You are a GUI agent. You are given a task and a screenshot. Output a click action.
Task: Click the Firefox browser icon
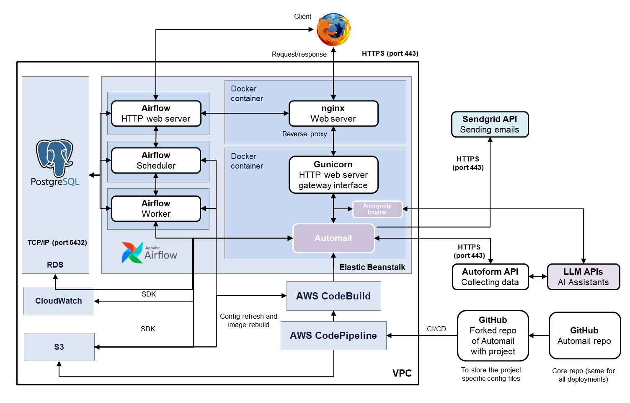333,29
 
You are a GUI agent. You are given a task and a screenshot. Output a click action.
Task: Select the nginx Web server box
333,113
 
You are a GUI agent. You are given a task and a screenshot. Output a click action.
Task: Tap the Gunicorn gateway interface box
333,175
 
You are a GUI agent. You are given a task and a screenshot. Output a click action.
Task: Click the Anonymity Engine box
377,209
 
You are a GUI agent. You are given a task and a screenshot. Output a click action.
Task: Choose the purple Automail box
333,238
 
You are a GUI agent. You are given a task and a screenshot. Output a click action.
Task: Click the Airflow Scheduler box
156,160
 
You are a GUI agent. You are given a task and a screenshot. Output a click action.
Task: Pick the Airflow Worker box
156,208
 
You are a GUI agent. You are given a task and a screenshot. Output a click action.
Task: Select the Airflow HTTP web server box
156,113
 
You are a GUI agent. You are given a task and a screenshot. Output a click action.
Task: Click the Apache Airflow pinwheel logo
132,252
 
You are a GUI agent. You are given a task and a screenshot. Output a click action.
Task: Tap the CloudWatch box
59,301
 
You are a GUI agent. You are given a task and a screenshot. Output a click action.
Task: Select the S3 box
59,347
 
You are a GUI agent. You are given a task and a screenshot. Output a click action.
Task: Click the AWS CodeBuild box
333,296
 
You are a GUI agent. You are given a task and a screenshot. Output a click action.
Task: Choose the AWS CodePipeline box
333,335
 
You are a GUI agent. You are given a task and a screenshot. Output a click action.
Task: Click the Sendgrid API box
490,125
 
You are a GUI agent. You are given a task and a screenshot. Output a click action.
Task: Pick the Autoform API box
490,277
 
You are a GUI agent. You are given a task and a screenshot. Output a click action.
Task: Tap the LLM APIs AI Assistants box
583,277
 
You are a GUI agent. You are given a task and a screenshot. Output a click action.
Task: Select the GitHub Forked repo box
493,335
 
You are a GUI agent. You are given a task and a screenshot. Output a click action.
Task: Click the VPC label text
402,373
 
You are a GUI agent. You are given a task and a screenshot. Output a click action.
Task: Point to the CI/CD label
436,329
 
